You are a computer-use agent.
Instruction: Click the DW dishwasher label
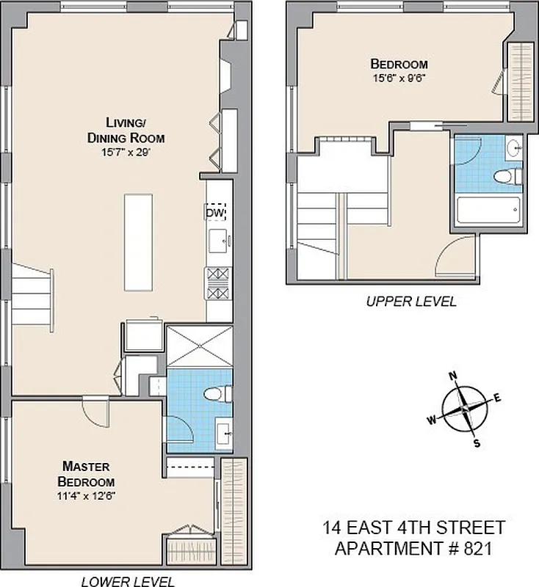click(214, 213)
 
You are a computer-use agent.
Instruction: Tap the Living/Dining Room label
click(125, 130)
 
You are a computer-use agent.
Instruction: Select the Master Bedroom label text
click(87, 474)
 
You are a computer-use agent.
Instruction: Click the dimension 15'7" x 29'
click(125, 153)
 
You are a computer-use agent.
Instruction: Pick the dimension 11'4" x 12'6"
click(87, 495)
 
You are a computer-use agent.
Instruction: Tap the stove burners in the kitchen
click(218, 283)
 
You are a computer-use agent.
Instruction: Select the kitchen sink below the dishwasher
click(218, 239)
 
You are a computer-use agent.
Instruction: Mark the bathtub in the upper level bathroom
click(488, 212)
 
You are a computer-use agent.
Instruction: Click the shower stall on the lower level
click(200, 345)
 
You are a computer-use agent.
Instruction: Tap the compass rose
click(465, 409)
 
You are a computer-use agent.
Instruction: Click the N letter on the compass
click(453, 376)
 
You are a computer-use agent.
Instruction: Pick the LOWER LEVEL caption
click(129, 582)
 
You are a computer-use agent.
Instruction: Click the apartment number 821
click(466, 547)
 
